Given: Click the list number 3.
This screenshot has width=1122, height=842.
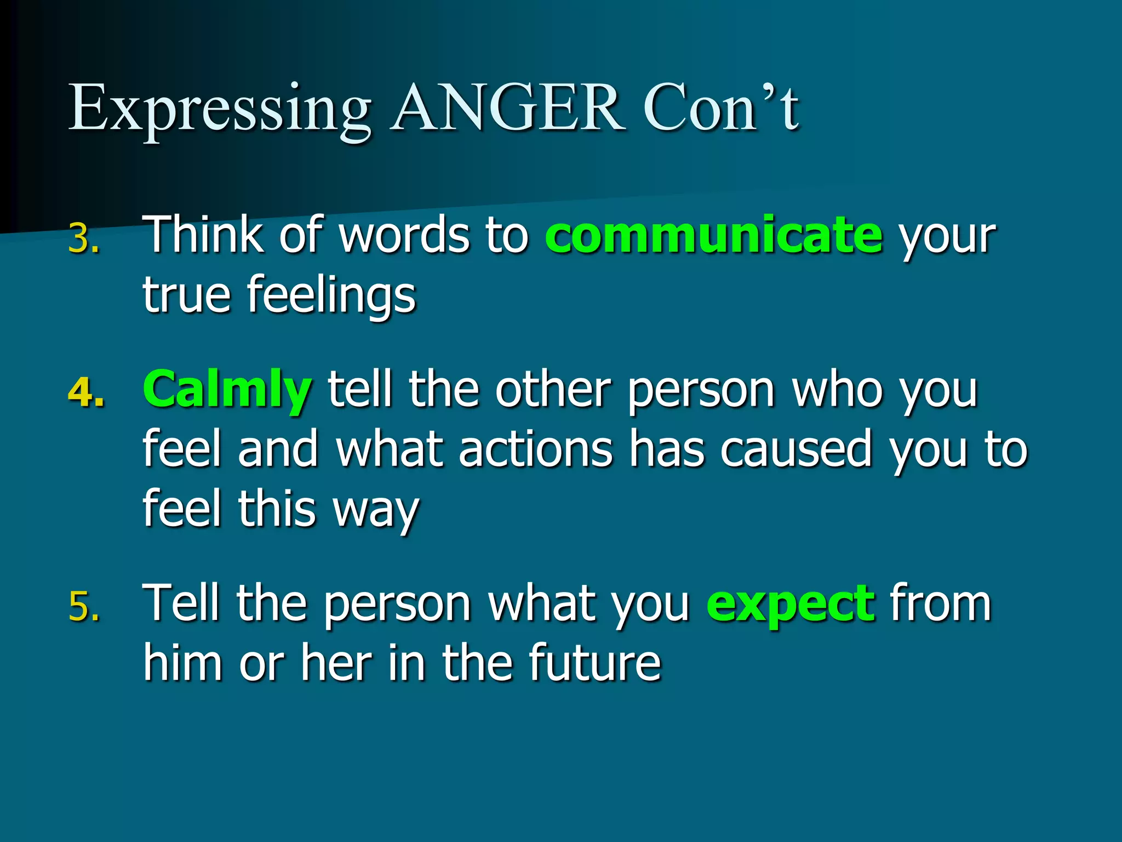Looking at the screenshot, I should (84, 240).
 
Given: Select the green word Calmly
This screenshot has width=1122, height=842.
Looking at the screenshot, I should (227, 390).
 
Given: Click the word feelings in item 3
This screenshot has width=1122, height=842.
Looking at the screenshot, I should (331, 296).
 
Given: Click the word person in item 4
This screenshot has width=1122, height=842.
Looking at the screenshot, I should (701, 390).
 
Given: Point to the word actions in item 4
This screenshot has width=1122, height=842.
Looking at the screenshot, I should (535, 450).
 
